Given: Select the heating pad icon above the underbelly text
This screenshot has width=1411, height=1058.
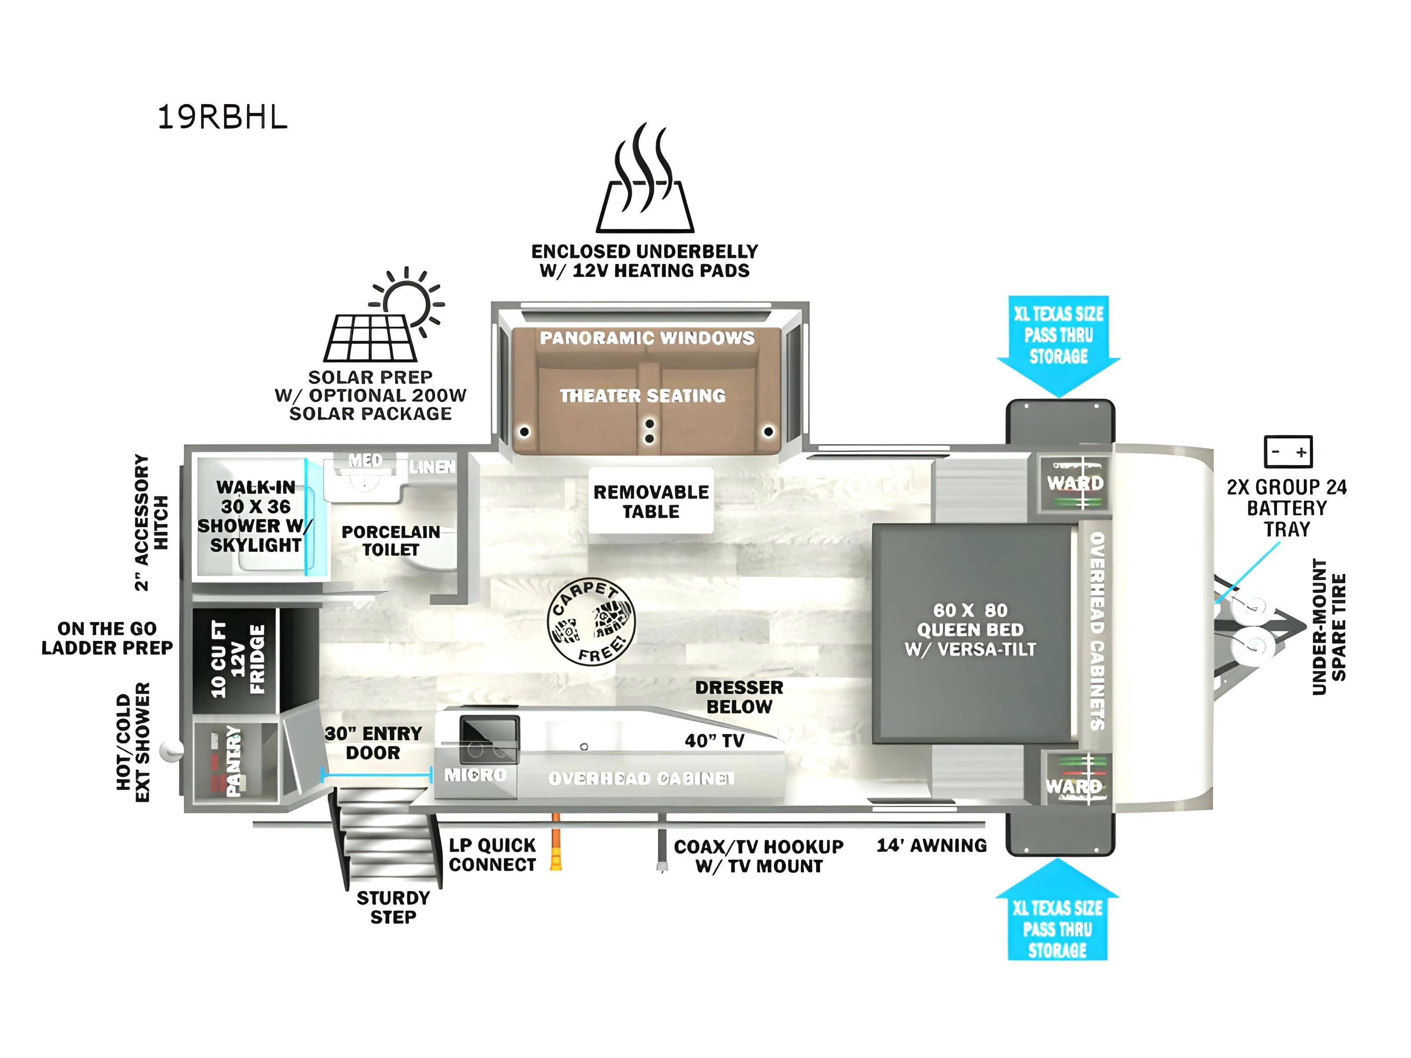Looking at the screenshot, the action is click(x=645, y=178).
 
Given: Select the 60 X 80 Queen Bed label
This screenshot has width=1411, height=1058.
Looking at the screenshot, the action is click(x=970, y=630).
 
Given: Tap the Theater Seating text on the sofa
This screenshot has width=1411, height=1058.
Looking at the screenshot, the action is click(x=643, y=396).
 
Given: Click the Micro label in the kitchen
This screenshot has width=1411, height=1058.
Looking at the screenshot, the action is click(x=475, y=775).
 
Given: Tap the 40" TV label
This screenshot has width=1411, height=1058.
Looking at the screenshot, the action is click(x=714, y=741).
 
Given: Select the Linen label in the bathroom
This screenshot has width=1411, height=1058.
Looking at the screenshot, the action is click(x=433, y=467).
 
